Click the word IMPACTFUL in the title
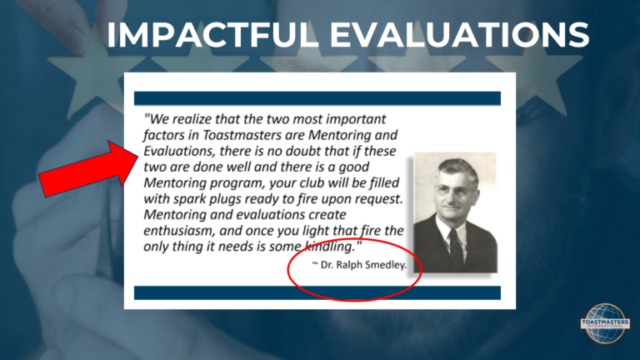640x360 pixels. [x=212, y=35]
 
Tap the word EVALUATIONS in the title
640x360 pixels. [x=460, y=35]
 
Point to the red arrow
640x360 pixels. [x=88, y=168]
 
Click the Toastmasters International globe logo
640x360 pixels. [x=605, y=323]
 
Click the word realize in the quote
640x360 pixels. [x=192, y=119]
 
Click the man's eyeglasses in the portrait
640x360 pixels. [x=455, y=190]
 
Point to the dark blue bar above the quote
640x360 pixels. [x=317, y=98]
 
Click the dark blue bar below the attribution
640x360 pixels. [x=317, y=293]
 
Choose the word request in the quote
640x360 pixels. [x=378, y=200]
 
